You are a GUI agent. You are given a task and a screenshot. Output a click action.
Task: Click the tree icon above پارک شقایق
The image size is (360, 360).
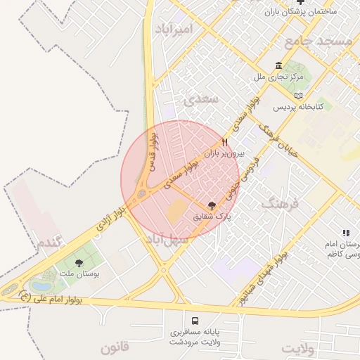pyautogui.click(x=212, y=206)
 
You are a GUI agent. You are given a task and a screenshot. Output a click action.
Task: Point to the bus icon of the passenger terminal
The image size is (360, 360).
pyautogui.click(x=195, y=321)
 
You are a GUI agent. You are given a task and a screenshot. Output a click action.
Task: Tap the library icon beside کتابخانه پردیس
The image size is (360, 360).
pyautogui.click(x=299, y=96)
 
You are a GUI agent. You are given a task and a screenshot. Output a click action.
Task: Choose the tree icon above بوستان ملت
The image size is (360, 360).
pyautogui.click(x=78, y=263)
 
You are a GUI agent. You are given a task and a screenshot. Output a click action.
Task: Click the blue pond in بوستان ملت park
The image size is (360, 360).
pyautogui.click(x=41, y=286)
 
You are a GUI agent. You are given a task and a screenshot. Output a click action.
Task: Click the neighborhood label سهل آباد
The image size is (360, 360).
pyautogui.click(x=167, y=239)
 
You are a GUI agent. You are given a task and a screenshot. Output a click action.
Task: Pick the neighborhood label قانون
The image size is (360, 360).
pyautogui.click(x=115, y=347)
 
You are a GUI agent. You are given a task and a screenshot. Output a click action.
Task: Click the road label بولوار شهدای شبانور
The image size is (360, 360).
pyautogui.click(x=264, y=278)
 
